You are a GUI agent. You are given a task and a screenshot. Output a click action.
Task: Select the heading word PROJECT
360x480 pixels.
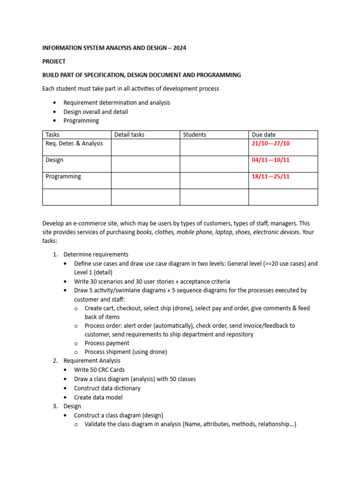coord(54,61)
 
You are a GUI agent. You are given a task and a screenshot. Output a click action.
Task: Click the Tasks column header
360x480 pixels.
coord(52,135)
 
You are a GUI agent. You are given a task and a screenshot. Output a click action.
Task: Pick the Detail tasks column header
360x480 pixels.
coord(129,135)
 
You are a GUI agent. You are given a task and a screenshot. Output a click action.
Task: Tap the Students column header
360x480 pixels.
coord(195,135)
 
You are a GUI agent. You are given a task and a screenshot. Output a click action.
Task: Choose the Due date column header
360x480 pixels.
coord(264,135)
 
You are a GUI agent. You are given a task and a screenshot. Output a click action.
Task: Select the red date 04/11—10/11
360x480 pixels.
coord(271,160)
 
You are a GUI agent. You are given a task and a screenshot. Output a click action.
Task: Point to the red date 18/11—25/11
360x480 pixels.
coord(271,176)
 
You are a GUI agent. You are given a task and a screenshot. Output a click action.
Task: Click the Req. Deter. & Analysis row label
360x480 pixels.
coord(74,143)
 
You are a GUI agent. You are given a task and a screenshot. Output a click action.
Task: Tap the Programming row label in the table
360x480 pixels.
coord(63,176)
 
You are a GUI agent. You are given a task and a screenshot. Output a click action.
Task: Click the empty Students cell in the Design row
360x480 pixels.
coord(214,164)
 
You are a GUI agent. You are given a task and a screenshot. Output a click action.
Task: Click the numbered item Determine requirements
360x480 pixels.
coord(96,255)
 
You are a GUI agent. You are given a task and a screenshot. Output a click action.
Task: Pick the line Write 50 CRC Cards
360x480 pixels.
coord(99,370)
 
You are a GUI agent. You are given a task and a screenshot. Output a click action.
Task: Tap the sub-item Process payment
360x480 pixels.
coord(107,343)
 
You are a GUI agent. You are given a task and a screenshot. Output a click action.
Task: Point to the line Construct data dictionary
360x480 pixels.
coord(107,388)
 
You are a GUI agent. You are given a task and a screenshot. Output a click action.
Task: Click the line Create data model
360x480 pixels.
coord(98,397)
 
